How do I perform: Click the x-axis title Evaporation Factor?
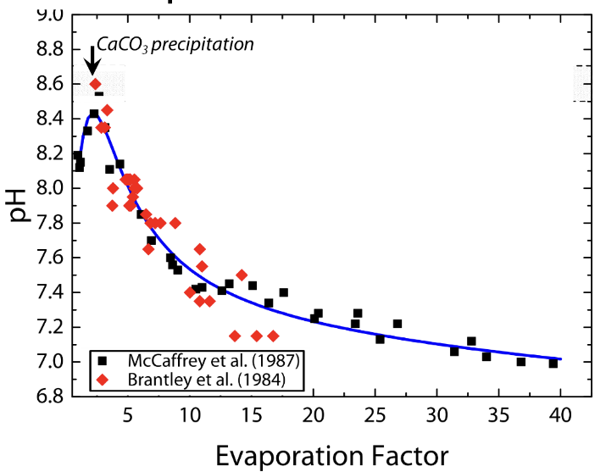click(x=331, y=455)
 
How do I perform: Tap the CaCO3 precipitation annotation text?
click(x=175, y=42)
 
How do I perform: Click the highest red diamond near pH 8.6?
click(x=95, y=84)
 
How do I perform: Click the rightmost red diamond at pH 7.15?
click(x=273, y=336)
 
